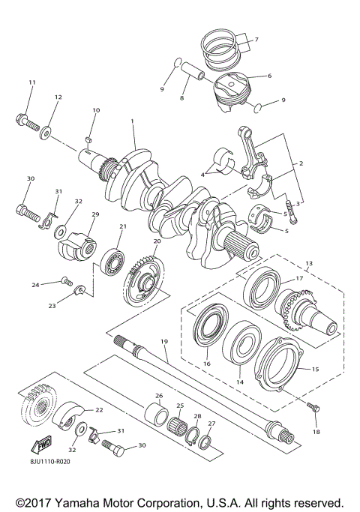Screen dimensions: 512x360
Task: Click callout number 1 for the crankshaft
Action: [132, 121]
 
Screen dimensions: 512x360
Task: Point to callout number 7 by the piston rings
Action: [255, 39]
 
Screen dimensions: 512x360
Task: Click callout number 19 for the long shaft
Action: [164, 342]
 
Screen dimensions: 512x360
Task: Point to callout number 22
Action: [99, 410]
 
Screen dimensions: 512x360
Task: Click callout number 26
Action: [158, 395]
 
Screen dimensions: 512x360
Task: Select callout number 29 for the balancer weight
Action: [95, 214]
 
